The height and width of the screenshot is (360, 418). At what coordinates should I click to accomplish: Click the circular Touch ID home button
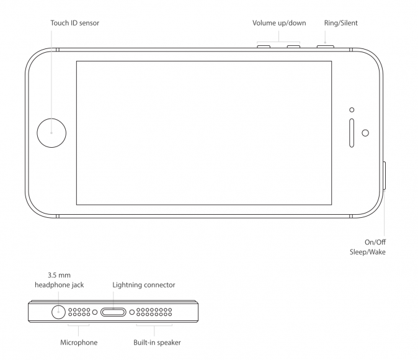pyautogui.click(x=51, y=132)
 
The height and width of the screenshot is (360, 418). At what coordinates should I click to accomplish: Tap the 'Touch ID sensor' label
pyautogui.click(x=75, y=23)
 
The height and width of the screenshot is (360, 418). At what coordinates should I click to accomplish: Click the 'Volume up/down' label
pyautogui.click(x=279, y=23)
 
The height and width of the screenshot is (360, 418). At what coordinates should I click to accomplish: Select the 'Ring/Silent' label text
pyautogui.click(x=340, y=23)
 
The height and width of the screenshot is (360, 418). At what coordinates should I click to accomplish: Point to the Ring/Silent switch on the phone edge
pyautogui.click(x=325, y=46)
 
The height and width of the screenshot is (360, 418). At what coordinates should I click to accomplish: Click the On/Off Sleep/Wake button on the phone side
pyautogui.click(x=385, y=176)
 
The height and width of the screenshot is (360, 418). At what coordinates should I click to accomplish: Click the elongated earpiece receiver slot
pyautogui.click(x=352, y=132)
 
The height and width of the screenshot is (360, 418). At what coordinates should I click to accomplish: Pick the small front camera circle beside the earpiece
pyautogui.click(x=365, y=133)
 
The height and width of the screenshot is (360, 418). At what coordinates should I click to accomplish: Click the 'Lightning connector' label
pyautogui.click(x=144, y=285)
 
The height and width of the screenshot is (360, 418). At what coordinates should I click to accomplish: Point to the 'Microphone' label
pyautogui.click(x=79, y=342)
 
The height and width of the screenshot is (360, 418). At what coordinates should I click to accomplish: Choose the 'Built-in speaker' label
pyautogui.click(x=157, y=342)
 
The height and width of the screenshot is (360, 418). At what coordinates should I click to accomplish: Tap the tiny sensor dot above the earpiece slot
pyautogui.click(x=352, y=110)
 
